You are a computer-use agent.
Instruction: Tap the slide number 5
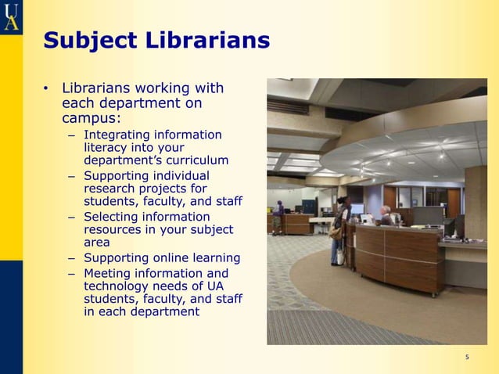(x=467, y=358)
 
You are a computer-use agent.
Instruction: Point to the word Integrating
(x=116, y=135)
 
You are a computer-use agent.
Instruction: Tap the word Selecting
(x=112, y=217)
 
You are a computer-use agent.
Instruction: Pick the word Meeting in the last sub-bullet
(x=109, y=273)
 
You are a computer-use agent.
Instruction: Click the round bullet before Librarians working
(x=47, y=88)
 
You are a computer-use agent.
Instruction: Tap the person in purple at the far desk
(x=278, y=216)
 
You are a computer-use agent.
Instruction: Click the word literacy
(x=106, y=147)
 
